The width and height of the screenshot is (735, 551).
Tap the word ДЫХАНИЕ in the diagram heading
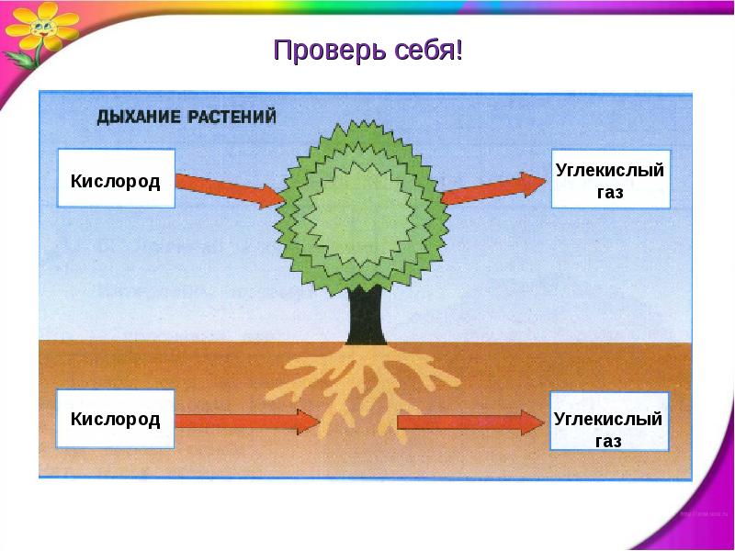click(140, 117)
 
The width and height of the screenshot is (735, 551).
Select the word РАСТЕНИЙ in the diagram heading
click(232, 117)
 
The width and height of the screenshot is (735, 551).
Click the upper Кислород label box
click(116, 178)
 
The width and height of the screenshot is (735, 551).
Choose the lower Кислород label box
click(116, 419)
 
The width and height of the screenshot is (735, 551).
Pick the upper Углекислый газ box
click(611, 179)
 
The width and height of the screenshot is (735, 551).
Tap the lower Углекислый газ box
click(609, 422)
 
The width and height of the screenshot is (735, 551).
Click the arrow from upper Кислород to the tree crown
click(230, 190)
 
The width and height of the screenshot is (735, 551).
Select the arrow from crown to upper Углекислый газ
click(493, 188)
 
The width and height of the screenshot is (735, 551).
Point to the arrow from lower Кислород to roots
click(247, 421)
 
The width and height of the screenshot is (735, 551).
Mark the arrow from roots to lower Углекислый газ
click(470, 422)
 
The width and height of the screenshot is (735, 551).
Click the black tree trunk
click(367, 315)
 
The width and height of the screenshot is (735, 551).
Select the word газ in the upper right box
click(610, 192)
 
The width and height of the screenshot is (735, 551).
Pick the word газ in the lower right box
click(608, 441)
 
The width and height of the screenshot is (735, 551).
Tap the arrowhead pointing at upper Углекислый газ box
click(534, 185)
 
